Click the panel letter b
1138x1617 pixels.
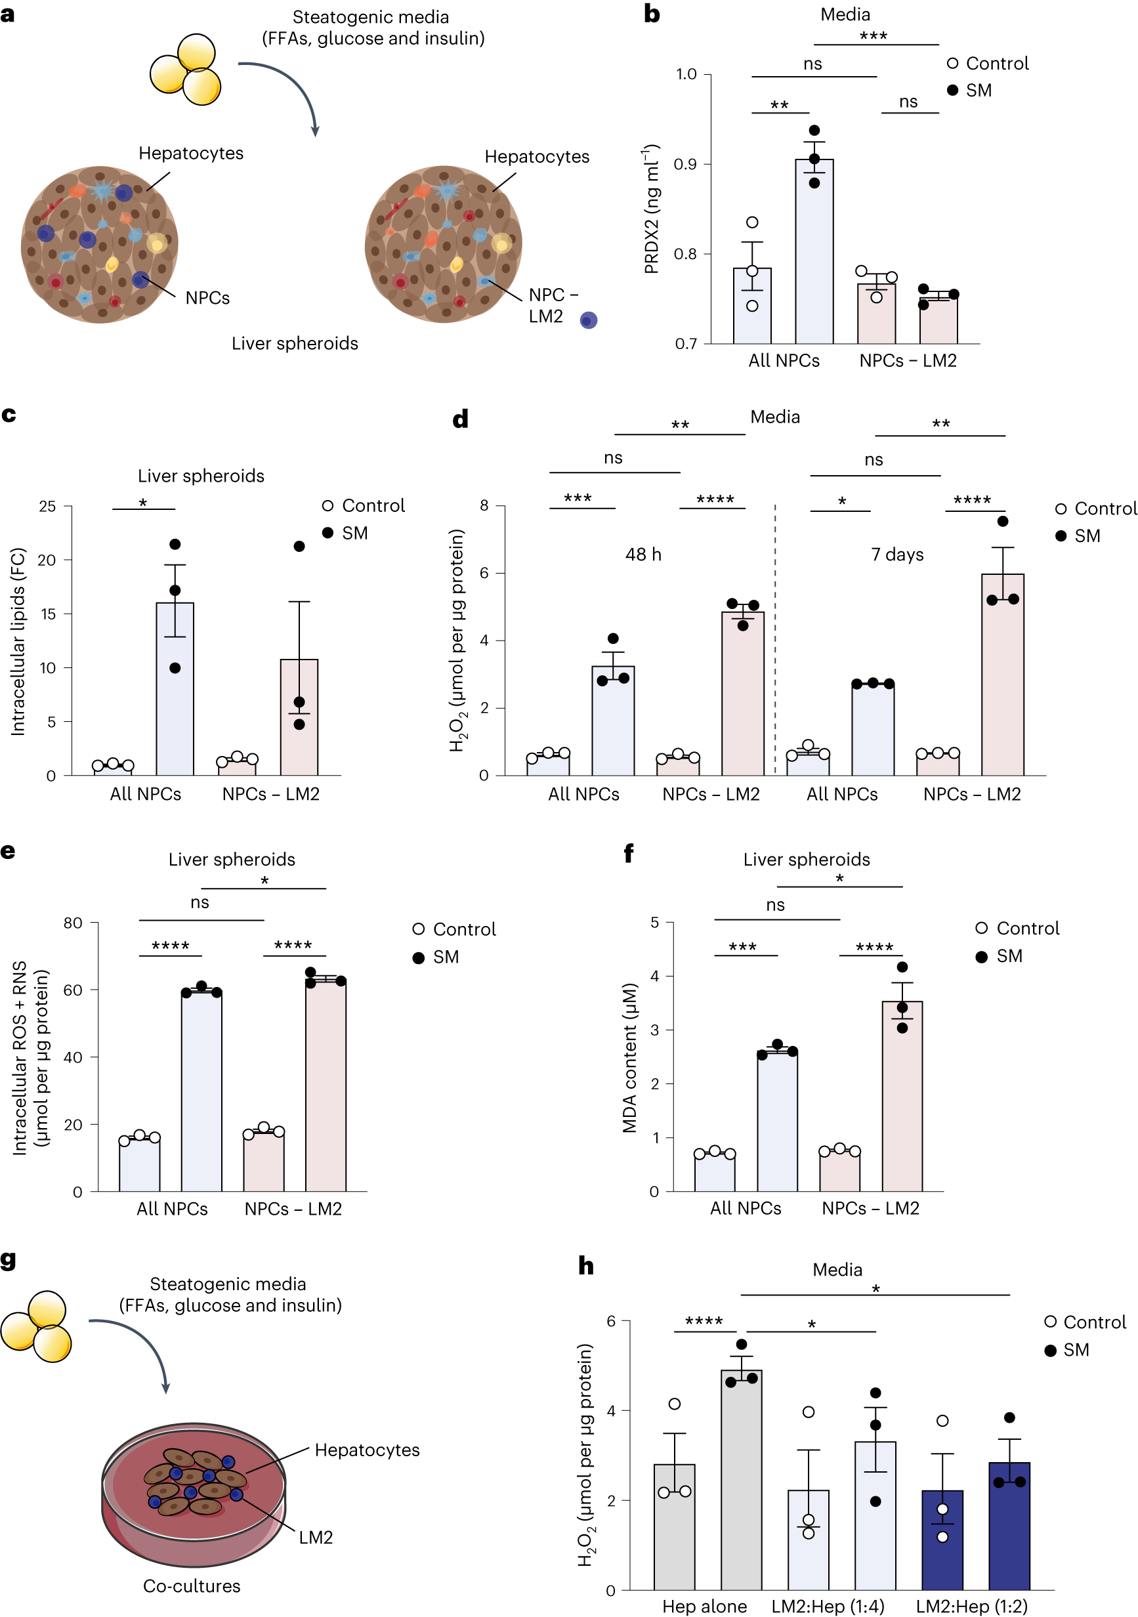pyautogui.click(x=652, y=14)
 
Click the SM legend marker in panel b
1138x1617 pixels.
pyautogui.click(x=953, y=90)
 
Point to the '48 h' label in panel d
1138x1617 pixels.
pyautogui.click(x=643, y=555)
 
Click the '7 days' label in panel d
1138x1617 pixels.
pyautogui.click(x=897, y=555)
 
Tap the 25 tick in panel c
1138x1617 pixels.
pyautogui.click(x=47, y=507)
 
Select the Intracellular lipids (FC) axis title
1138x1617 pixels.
pyautogui.click(x=18, y=642)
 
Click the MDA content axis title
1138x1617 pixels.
pyautogui.click(x=629, y=1057)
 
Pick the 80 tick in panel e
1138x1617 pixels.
pyautogui.click(x=73, y=923)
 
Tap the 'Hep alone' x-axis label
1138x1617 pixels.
pyautogui.click(x=704, y=1606)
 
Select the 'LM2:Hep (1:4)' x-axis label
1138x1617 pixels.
pyautogui.click(x=828, y=1606)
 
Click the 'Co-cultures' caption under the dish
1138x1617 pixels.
pyautogui.click(x=192, y=1586)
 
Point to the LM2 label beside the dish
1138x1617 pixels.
pyautogui.click(x=316, y=1538)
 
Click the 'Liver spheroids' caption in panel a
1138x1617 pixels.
pyautogui.click(x=295, y=343)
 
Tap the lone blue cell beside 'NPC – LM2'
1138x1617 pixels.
pyautogui.click(x=589, y=320)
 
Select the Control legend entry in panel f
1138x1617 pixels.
pyautogui.click(x=1017, y=928)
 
